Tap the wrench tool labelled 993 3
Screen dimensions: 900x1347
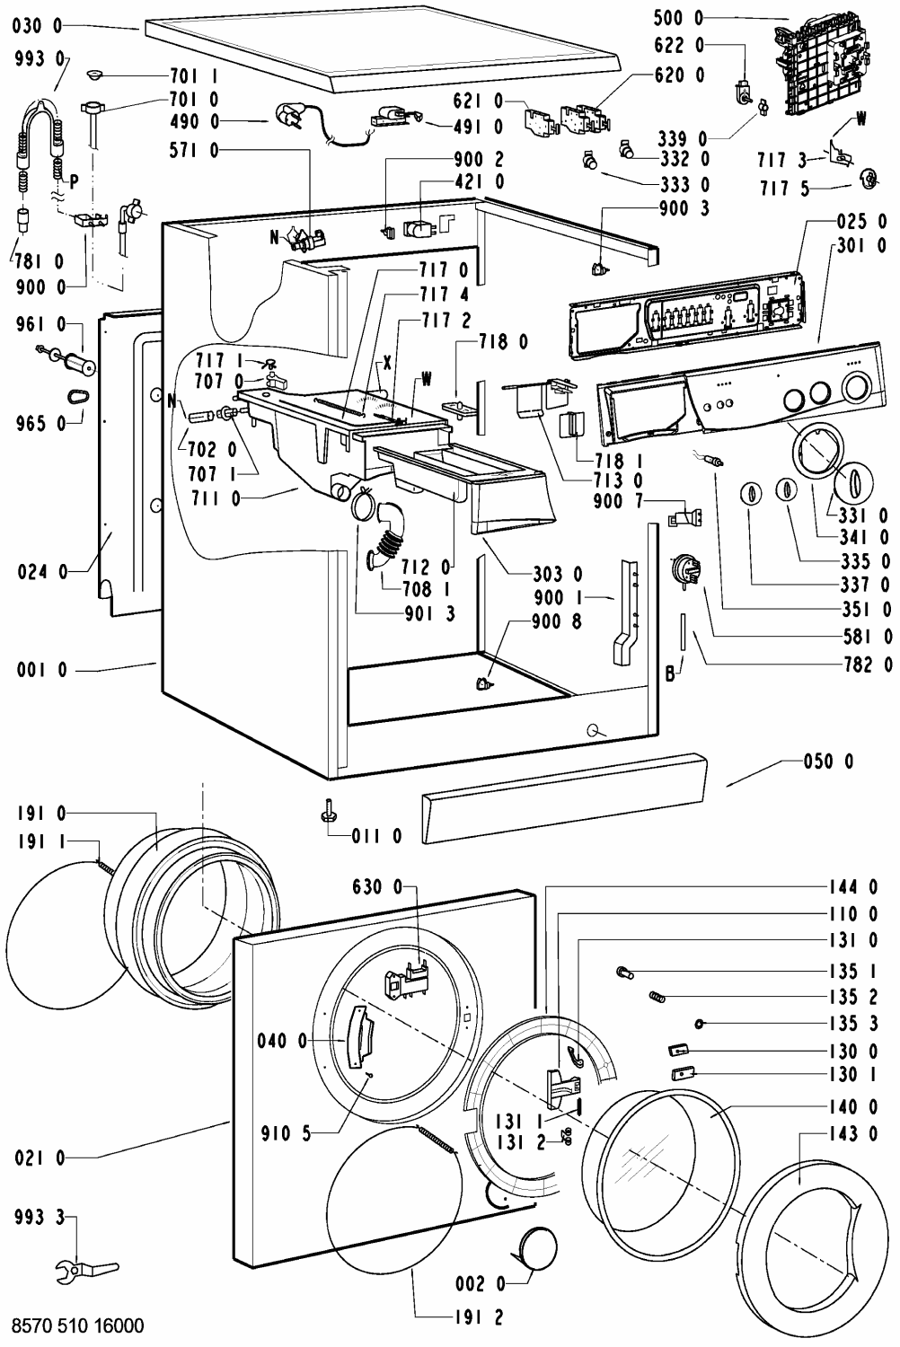(x=86, y=1268)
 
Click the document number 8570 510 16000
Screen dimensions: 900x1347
(x=77, y=1325)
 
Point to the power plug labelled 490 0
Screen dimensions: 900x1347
(x=291, y=117)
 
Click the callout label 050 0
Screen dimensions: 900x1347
(x=828, y=762)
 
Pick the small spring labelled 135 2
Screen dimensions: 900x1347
(x=657, y=998)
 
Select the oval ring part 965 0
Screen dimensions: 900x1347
(x=77, y=397)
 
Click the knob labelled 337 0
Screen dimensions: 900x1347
(x=752, y=494)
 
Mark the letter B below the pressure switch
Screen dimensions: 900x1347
(x=669, y=674)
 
